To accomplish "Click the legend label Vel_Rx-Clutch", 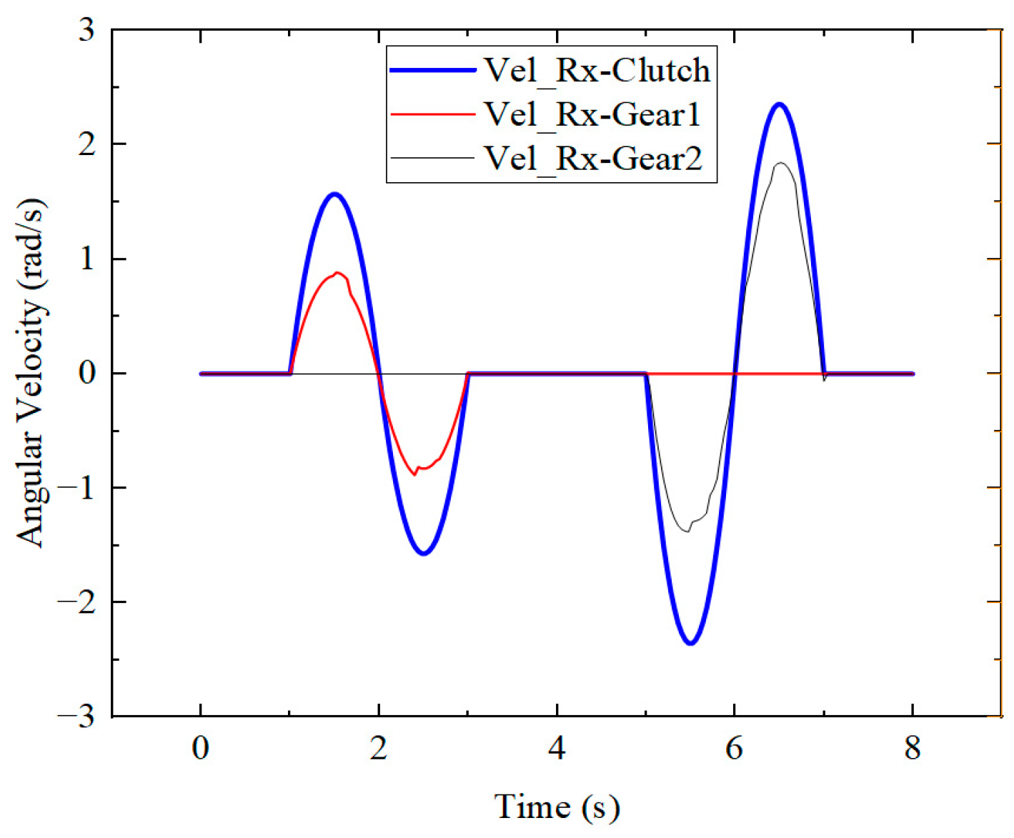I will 597,70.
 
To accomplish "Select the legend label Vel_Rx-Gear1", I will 592,114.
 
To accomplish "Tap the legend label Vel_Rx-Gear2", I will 593,158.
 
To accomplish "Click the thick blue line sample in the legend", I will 432,70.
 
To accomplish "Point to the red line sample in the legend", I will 432,114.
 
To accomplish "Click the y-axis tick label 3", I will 86,30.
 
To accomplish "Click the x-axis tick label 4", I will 556,748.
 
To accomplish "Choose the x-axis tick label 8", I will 912,748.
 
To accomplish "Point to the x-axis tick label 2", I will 378,748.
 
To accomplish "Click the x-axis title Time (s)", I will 557,807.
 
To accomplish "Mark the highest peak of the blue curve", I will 780,104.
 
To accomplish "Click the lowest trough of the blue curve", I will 690,643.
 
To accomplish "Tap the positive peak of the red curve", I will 337,273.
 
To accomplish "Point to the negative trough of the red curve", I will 414,474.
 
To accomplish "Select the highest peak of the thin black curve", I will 781,163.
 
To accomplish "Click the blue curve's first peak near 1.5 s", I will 334,194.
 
